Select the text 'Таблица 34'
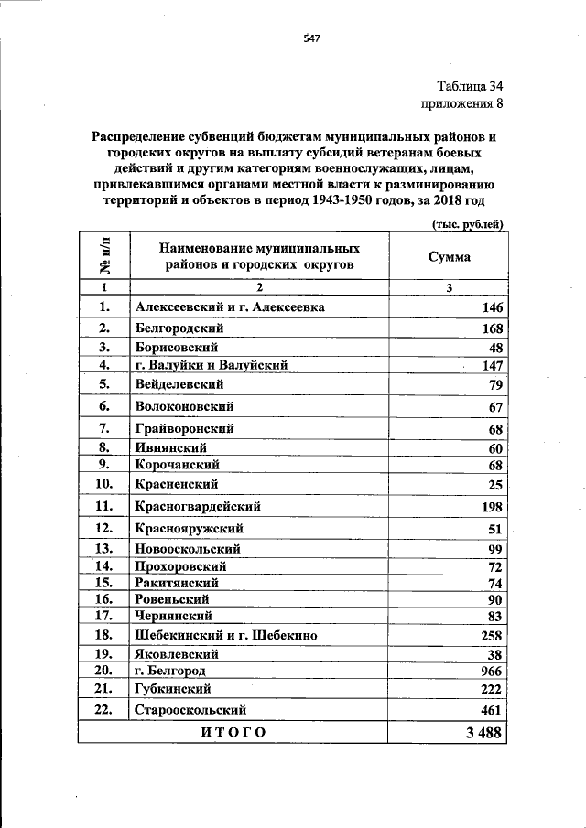pos(470,87)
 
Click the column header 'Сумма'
pos(450,257)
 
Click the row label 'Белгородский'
pos(179,328)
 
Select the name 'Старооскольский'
pos(190,709)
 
